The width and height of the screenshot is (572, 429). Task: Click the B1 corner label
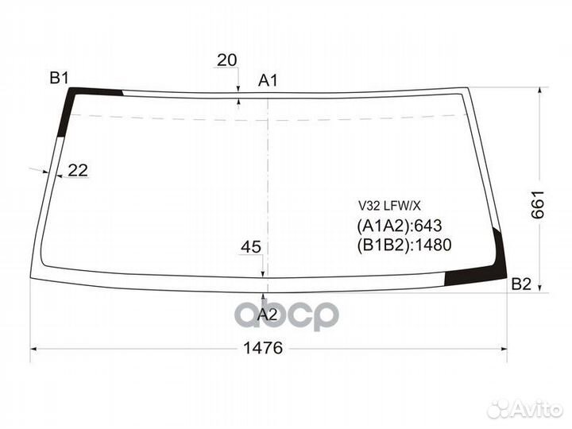(60, 77)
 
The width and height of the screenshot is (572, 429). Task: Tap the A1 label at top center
(268, 80)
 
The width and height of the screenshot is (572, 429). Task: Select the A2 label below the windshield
(268, 313)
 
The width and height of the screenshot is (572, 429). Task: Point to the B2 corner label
(521, 284)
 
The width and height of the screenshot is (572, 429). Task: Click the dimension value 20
(227, 60)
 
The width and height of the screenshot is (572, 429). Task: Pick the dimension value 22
(78, 169)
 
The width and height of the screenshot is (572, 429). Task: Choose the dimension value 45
(251, 248)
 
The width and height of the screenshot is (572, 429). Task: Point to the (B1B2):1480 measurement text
(404, 245)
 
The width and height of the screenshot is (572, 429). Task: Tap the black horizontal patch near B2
(469, 277)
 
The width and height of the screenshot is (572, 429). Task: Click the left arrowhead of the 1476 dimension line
(34, 348)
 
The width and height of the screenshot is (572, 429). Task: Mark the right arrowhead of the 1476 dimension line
(504, 348)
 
